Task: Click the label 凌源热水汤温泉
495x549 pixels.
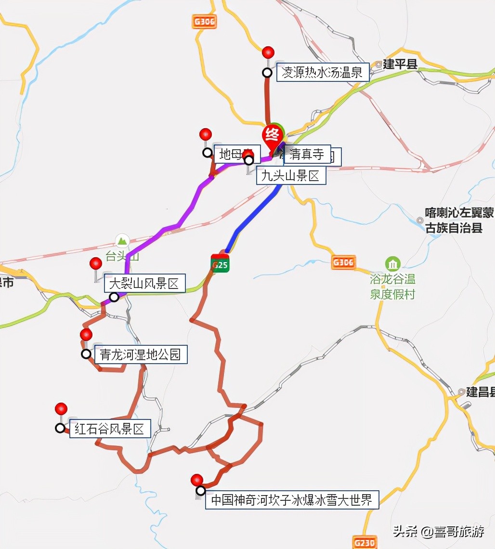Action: [x=323, y=72]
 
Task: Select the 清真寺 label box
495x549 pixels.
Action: [x=307, y=154]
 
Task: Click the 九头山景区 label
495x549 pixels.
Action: [x=291, y=176]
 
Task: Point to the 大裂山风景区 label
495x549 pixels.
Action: [x=144, y=284]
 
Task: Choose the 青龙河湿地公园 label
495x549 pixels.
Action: [x=141, y=355]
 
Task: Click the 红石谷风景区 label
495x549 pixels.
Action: [x=110, y=429]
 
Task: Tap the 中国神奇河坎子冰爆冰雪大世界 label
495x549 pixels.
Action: [x=292, y=499]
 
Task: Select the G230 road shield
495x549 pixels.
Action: [x=364, y=542]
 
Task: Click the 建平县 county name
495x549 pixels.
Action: [x=400, y=65]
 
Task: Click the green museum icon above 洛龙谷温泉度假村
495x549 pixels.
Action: [x=393, y=264]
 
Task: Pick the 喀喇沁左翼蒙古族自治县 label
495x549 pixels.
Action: [x=454, y=220]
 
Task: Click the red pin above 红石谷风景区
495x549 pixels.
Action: [x=61, y=409]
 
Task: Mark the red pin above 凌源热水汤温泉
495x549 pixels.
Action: [x=268, y=52]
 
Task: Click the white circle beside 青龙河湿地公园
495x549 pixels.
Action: [x=86, y=354]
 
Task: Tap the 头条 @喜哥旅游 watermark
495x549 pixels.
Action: [x=439, y=531]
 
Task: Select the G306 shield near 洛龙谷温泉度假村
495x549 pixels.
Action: [x=344, y=262]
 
